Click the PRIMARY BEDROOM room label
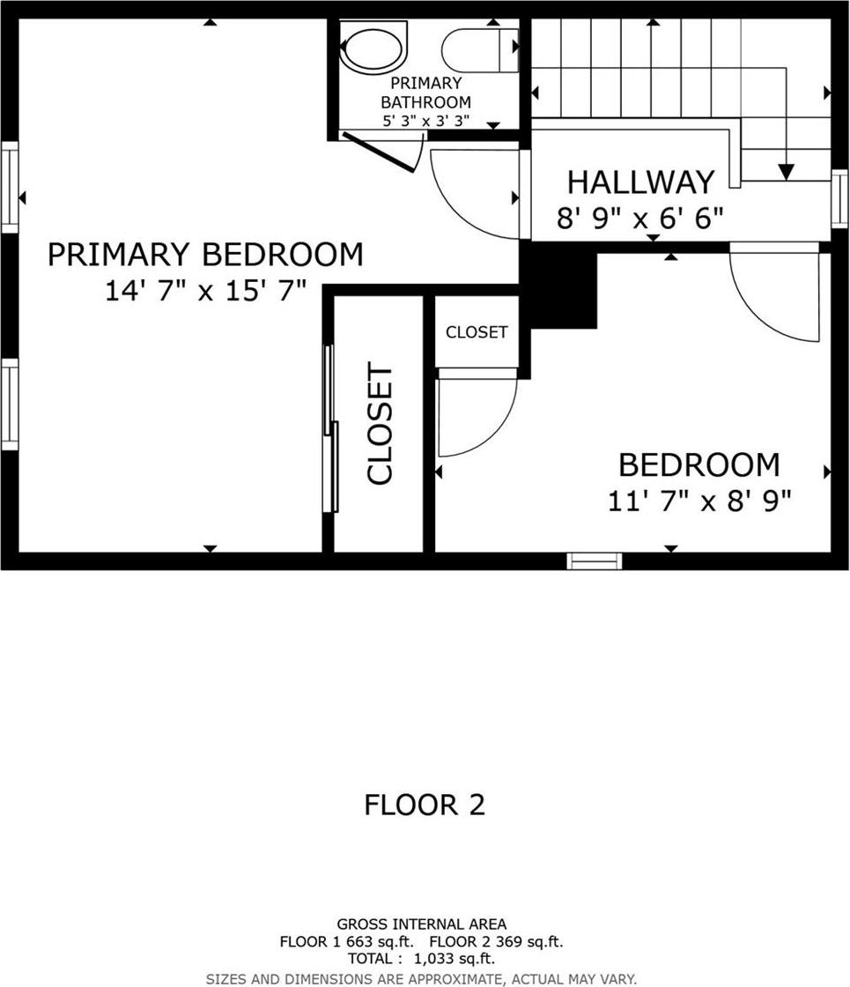[x=204, y=255]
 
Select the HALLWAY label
[x=640, y=182]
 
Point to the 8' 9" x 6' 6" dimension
[x=640, y=217]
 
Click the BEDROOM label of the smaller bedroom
[x=698, y=464]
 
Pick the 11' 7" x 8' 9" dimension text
[x=699, y=501]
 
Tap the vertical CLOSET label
[x=380, y=424]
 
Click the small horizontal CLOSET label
[x=477, y=332]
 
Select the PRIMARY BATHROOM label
[x=425, y=93]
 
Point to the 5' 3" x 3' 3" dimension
[x=425, y=121]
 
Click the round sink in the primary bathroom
[x=374, y=48]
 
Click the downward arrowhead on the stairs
[x=787, y=172]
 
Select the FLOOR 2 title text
[x=425, y=805]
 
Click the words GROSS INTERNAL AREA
[x=421, y=924]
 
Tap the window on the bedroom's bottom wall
[x=595, y=560]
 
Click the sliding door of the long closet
[x=330, y=427]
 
